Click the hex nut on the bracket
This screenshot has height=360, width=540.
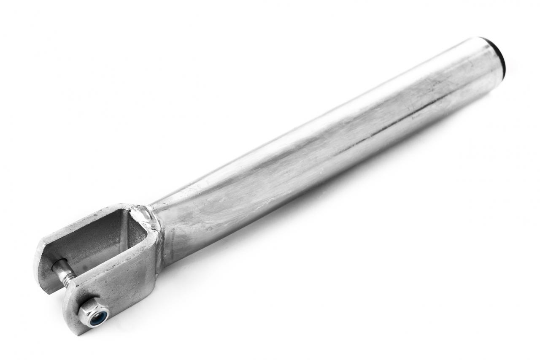click(x=94, y=313)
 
